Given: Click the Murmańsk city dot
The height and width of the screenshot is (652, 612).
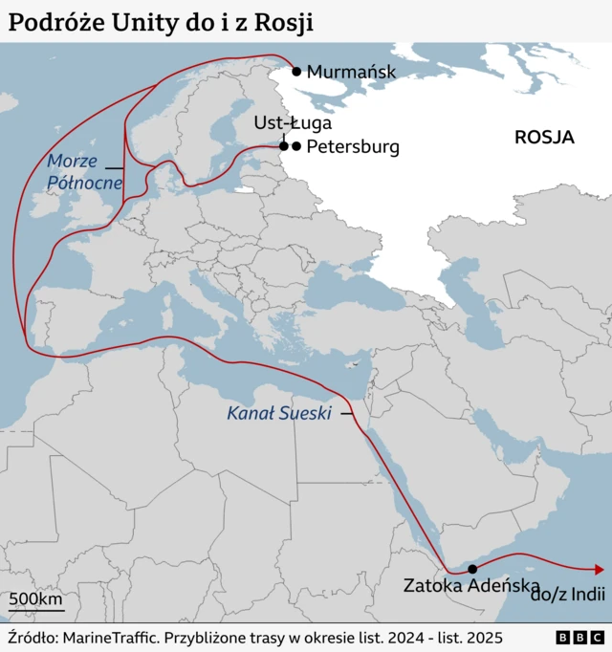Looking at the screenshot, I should (x=296, y=71).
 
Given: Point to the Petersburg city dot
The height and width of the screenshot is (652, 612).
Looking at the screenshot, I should (x=296, y=146).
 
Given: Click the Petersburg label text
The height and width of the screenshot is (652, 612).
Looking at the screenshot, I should (x=353, y=147).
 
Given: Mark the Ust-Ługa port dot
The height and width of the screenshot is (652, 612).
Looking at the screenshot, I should (x=284, y=146).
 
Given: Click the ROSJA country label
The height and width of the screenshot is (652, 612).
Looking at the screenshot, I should (x=544, y=137).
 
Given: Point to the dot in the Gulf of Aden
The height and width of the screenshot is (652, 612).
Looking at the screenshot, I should (x=472, y=569).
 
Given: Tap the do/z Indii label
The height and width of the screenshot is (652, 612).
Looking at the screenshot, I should (x=568, y=594).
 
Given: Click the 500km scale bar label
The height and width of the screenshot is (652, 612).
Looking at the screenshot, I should (x=36, y=600).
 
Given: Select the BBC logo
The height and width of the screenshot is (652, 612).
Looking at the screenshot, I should (x=579, y=637).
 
